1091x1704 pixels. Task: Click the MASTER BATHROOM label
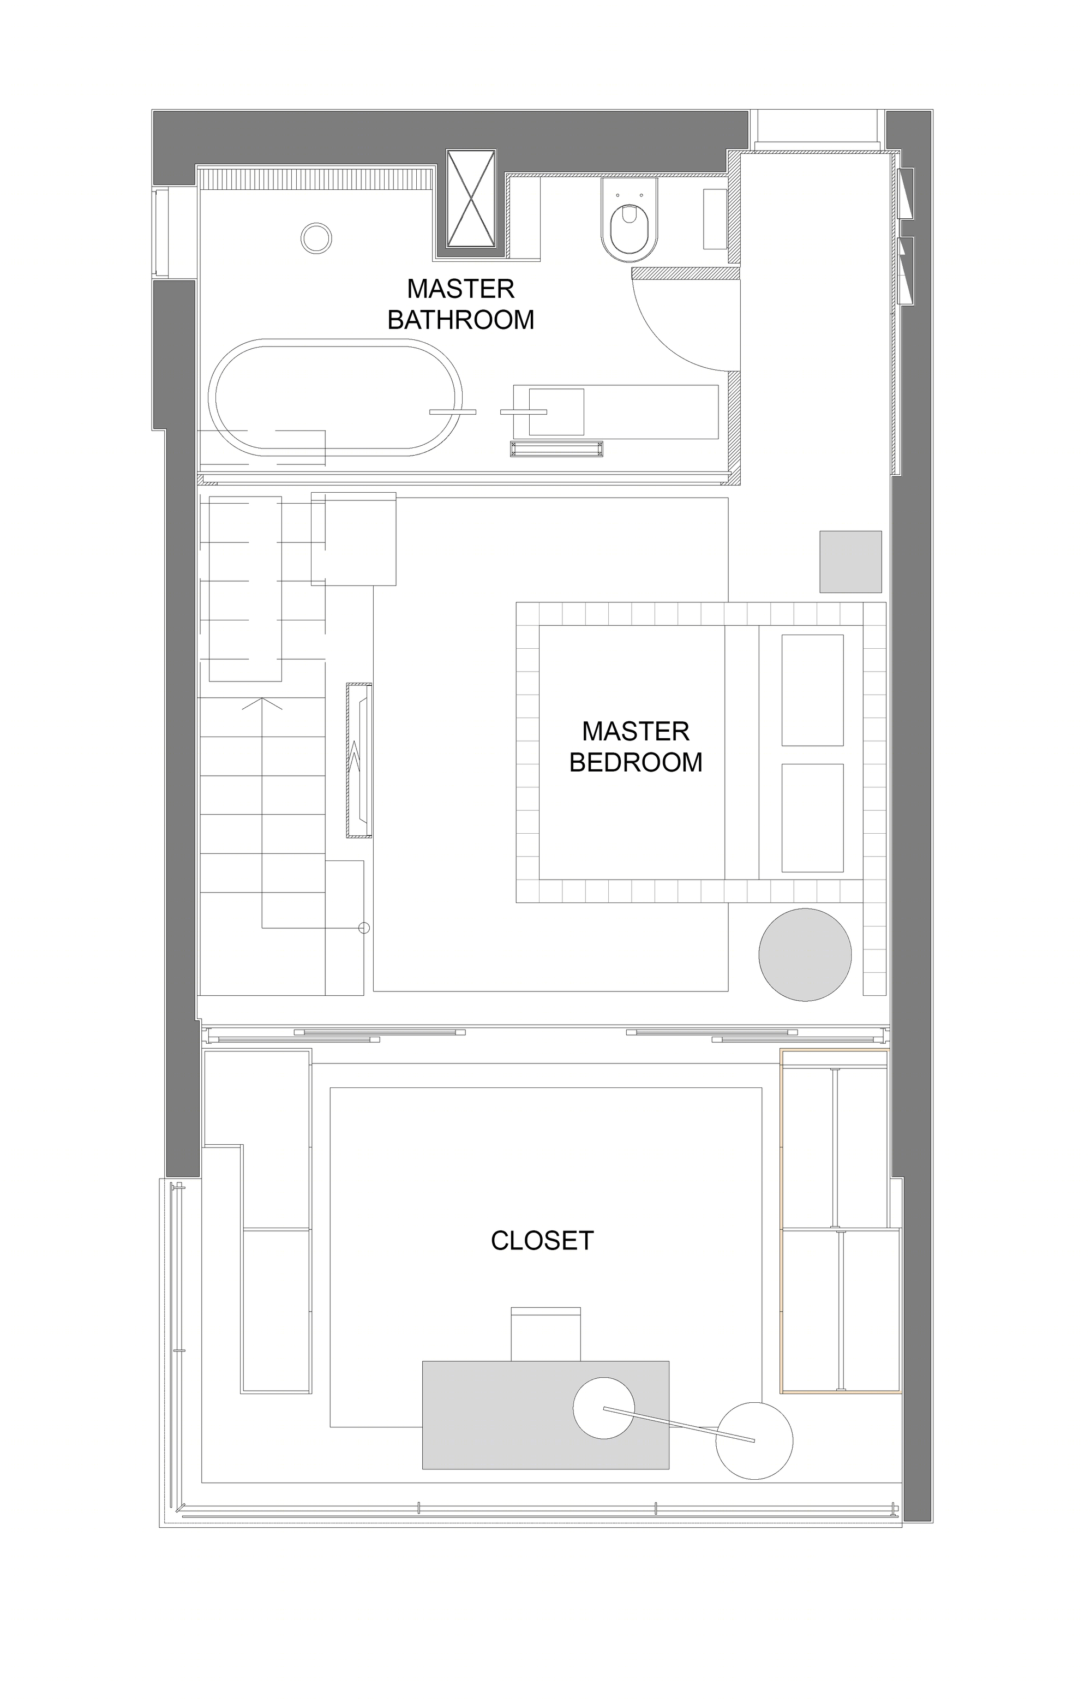[460, 304]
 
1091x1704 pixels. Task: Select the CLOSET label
[542, 1240]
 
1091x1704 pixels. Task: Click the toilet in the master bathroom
[629, 220]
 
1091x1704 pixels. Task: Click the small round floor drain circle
[316, 238]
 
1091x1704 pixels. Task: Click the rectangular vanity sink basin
[557, 411]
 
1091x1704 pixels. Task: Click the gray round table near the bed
[805, 954]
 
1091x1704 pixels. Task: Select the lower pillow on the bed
[813, 818]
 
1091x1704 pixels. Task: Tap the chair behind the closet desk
[545, 1334]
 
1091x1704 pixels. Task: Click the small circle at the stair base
[364, 928]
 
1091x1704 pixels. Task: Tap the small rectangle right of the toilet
[715, 219]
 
